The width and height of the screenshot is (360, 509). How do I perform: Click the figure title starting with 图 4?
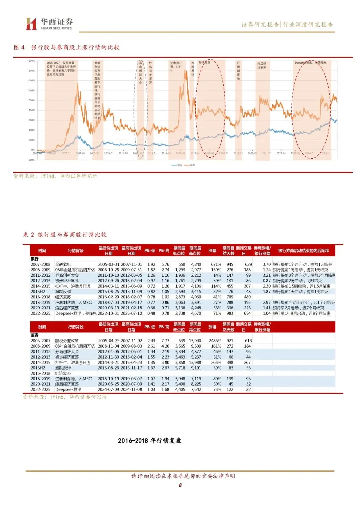click(x=66, y=47)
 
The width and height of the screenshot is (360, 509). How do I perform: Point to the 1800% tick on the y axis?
click(x=31, y=61)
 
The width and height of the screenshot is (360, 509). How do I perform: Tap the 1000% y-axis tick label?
click(x=31, y=100)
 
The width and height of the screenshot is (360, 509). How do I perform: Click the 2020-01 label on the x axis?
click(x=252, y=153)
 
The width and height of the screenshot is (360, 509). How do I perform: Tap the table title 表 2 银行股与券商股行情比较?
click(x=65, y=235)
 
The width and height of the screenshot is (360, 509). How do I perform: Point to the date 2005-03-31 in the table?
click(x=108, y=264)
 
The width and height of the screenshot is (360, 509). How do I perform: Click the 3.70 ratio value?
click(x=266, y=264)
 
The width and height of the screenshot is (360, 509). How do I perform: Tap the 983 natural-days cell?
click(x=230, y=313)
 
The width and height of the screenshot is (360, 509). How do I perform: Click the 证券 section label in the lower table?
click(x=35, y=335)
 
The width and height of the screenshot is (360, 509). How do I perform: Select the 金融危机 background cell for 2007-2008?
click(x=63, y=264)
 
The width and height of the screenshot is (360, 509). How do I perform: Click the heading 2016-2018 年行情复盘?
click(x=149, y=441)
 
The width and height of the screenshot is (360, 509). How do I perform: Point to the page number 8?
click(x=180, y=485)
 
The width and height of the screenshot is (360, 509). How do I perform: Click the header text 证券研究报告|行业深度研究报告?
click(x=287, y=24)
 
